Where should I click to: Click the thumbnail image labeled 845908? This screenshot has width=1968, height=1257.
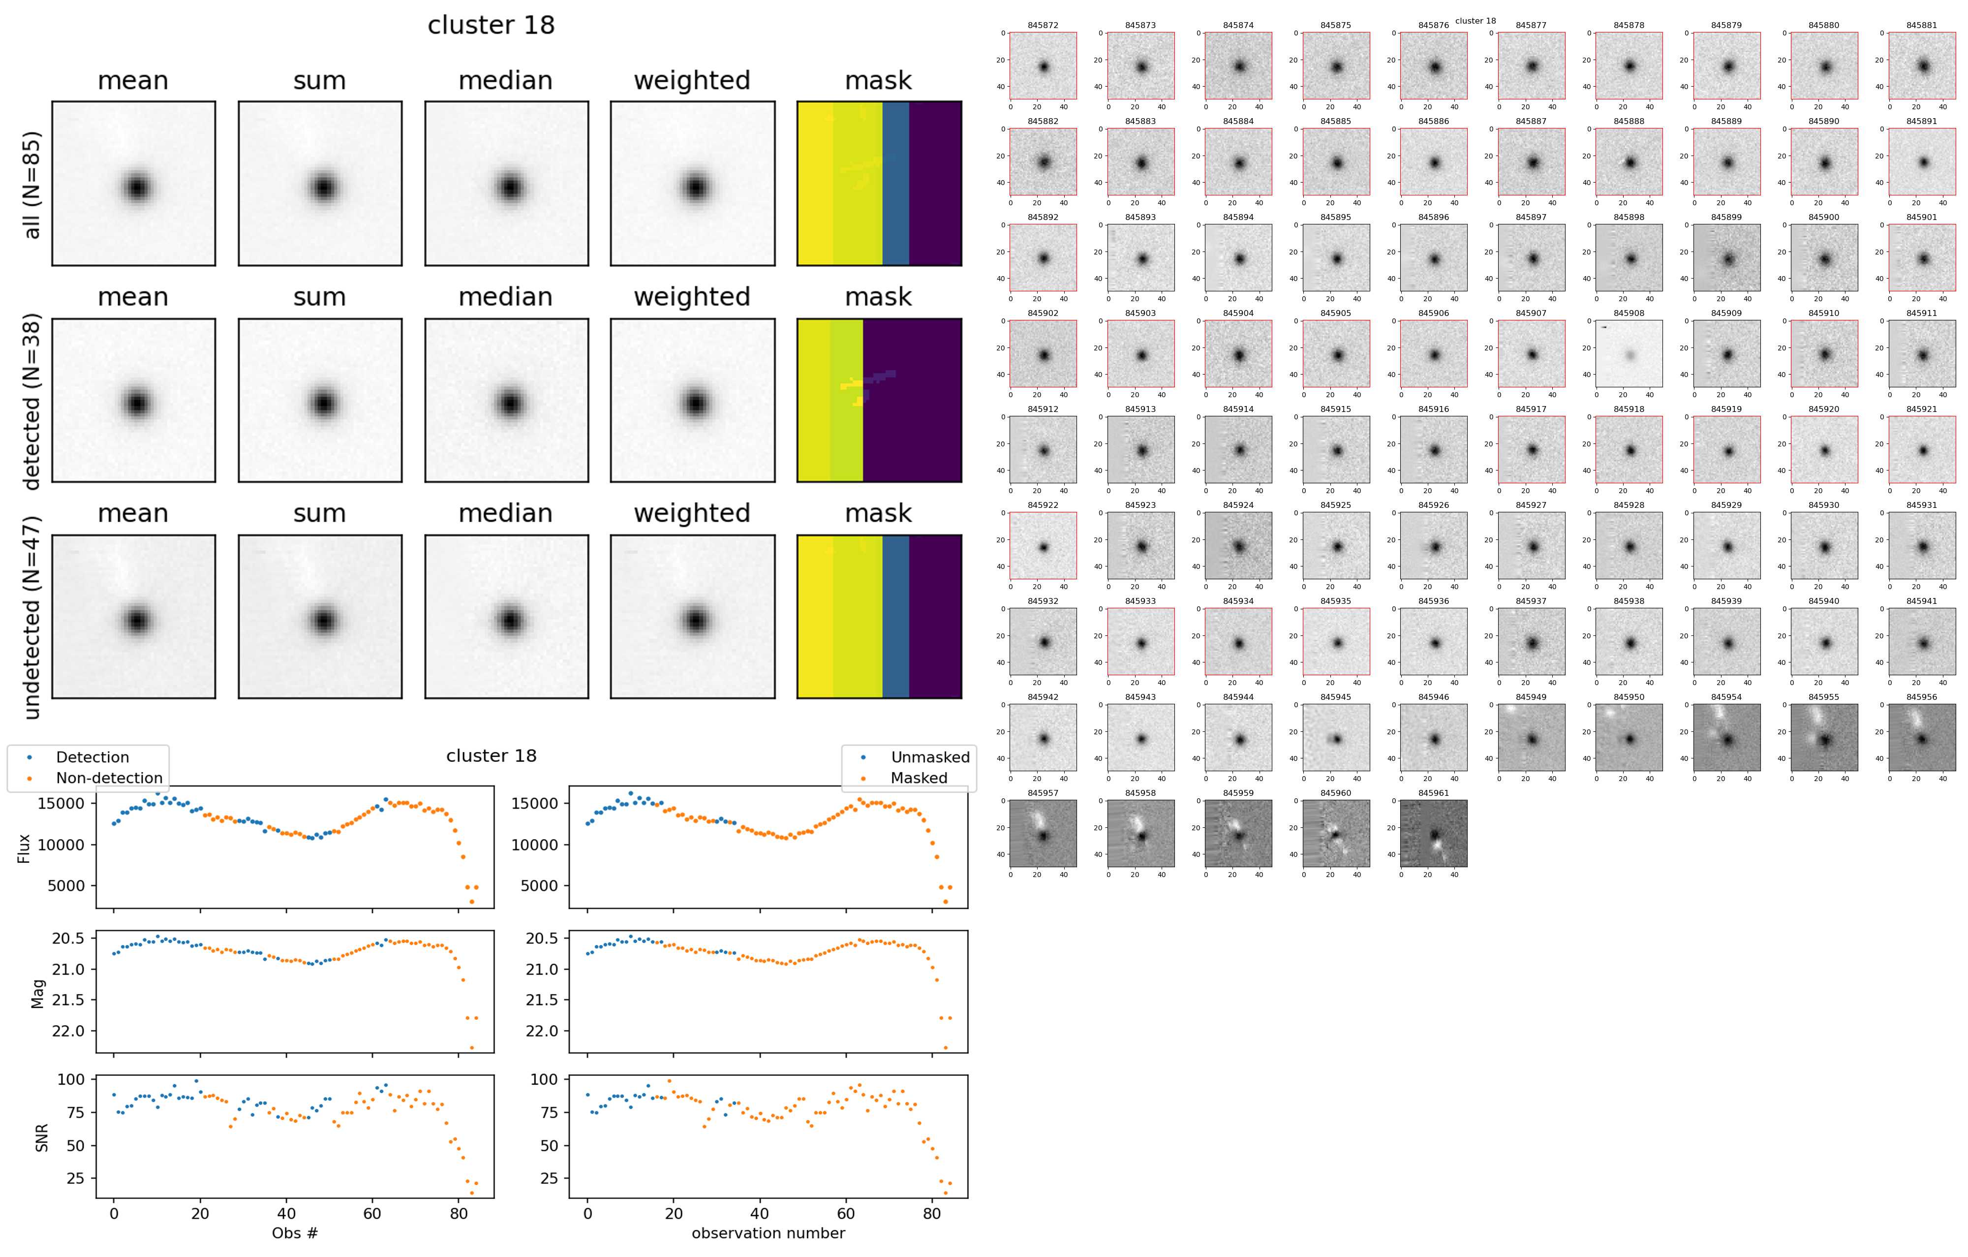click(1629, 354)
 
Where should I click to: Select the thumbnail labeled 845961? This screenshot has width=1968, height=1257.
click(1434, 834)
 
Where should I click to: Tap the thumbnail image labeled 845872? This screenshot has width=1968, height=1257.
click(1043, 66)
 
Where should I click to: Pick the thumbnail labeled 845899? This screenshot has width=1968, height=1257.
click(1727, 258)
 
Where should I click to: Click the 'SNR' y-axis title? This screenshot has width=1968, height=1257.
click(42, 1138)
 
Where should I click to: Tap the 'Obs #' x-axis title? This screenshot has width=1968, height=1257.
click(294, 1232)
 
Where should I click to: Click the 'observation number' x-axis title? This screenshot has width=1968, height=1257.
click(768, 1232)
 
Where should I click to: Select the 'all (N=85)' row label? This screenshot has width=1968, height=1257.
click(32, 185)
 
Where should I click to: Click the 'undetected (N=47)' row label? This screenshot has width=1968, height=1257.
click(32, 617)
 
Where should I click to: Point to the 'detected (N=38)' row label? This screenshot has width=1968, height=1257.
click(32, 401)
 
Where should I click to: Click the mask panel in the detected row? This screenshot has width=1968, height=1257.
click(879, 401)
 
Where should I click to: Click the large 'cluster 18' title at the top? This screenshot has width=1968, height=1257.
click(491, 25)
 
